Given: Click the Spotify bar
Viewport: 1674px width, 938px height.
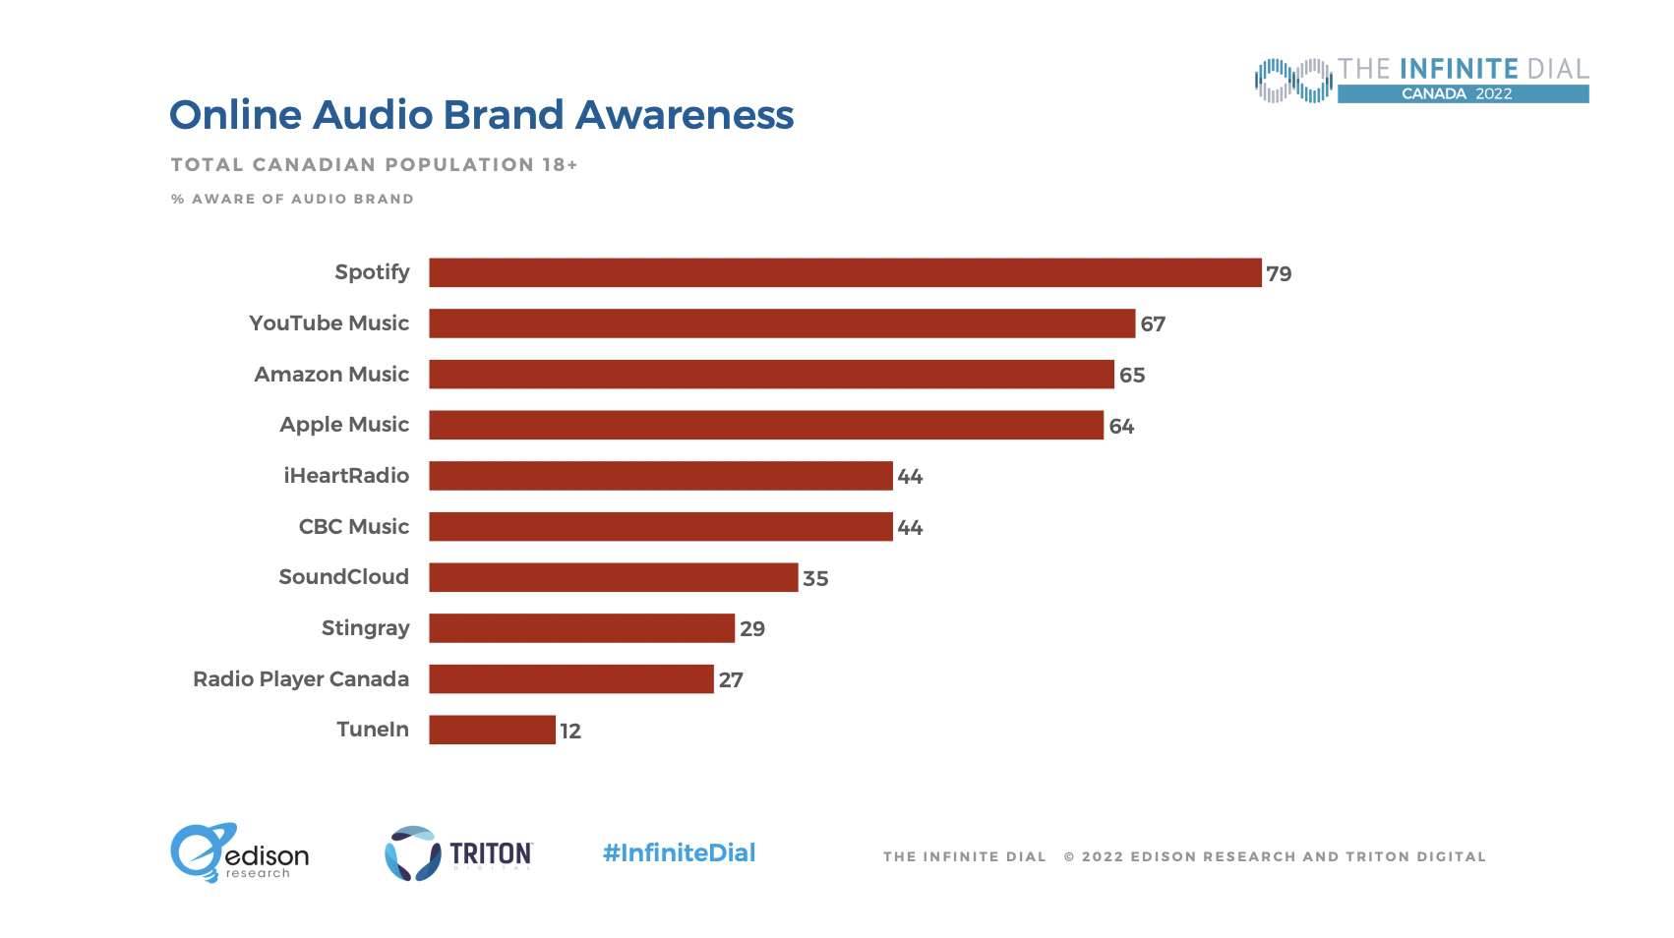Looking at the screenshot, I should pos(845,272).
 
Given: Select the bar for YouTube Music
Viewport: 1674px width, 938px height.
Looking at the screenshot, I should pos(782,323).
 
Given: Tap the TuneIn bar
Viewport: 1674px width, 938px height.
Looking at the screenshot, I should pos(492,730).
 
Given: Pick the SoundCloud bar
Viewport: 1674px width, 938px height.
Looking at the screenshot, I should pos(613,577).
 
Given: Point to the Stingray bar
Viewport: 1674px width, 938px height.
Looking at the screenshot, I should pos(581,628).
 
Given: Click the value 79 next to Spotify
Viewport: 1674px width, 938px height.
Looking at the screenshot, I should pos(1279,274).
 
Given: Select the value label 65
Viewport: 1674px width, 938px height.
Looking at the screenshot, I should pos(1132,376).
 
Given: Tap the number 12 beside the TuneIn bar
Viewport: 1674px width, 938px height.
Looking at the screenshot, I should pos(570,732).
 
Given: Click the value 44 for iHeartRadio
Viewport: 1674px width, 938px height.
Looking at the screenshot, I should pos(910,477).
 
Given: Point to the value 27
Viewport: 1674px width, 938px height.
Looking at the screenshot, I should pos(731,680).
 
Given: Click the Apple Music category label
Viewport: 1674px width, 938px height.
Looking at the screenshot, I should pos(344,425).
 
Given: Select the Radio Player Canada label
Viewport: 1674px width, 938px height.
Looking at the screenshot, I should pos(301,679).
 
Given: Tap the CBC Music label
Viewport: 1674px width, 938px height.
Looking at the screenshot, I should pos(354,527).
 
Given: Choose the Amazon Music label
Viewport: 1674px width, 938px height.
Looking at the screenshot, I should pos(331,375).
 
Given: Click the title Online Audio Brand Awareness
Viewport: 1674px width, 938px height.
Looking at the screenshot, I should pos(481,115).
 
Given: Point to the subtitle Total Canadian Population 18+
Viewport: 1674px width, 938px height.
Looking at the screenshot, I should pos(374,165).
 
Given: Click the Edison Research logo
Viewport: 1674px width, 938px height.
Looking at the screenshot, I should pos(239,853).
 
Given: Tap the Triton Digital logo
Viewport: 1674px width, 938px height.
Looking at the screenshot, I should pos(458,853).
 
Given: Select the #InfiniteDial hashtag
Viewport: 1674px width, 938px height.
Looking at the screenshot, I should pos(679,852).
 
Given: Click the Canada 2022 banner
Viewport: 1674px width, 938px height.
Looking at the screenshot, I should pos(1462,94).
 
